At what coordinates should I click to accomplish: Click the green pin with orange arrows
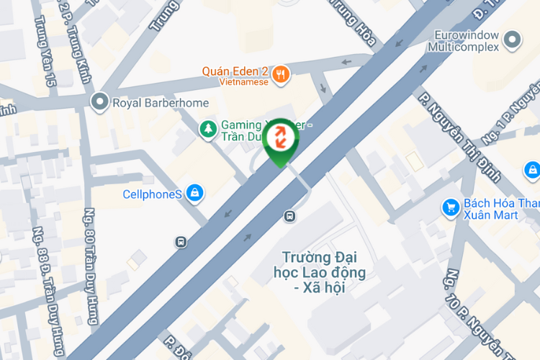(x=280, y=140)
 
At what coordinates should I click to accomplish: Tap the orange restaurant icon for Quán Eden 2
(x=282, y=73)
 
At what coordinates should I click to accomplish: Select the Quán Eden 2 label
(x=235, y=71)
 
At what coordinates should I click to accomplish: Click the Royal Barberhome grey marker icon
(x=100, y=102)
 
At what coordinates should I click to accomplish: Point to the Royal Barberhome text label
(x=161, y=103)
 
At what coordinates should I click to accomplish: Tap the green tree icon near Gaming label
(x=208, y=128)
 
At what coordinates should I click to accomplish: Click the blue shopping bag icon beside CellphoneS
(x=194, y=193)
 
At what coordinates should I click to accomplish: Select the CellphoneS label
(x=152, y=194)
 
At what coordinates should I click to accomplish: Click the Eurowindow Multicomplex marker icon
(x=513, y=40)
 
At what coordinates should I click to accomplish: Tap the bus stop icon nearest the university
(x=289, y=215)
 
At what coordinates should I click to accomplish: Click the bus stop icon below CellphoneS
(x=181, y=243)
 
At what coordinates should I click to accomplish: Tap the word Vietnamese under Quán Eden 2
(x=235, y=82)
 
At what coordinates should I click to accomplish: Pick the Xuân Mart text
(x=491, y=215)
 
